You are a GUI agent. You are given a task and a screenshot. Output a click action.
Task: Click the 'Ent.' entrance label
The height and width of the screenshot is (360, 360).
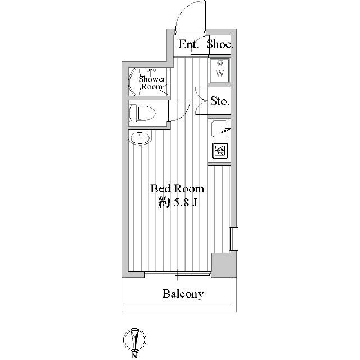pyautogui.click(x=189, y=45)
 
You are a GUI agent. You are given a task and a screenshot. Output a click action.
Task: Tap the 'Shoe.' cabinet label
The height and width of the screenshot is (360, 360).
pyautogui.click(x=220, y=45)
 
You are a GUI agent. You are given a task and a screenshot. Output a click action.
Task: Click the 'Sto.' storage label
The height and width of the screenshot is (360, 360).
pyautogui.click(x=219, y=101)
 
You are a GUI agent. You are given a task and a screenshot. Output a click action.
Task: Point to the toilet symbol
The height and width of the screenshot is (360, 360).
pyautogui.click(x=140, y=111)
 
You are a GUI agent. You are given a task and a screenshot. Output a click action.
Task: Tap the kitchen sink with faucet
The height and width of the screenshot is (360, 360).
pyautogui.click(x=220, y=129)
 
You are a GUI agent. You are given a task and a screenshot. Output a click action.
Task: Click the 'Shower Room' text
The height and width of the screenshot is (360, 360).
pyautogui.click(x=152, y=83)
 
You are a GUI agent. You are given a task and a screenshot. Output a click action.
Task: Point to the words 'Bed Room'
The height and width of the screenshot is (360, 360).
pyautogui.click(x=176, y=189)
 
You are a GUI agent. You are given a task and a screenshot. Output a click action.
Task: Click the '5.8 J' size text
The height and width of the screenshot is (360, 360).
pyautogui.click(x=183, y=203)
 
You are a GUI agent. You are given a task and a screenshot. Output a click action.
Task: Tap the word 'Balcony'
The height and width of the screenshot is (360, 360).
pyautogui.click(x=183, y=294)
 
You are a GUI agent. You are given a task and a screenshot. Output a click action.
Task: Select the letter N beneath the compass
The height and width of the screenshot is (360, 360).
pyautogui.click(x=135, y=355)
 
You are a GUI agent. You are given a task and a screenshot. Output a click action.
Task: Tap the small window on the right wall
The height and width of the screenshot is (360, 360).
pyautogui.click(x=234, y=239)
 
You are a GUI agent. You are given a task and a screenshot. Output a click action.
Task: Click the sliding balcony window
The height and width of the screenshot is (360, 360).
pyautogui.click(x=177, y=274)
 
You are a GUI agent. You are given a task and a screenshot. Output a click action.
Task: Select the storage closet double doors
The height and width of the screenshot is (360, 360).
pyautogui.click(x=201, y=101)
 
